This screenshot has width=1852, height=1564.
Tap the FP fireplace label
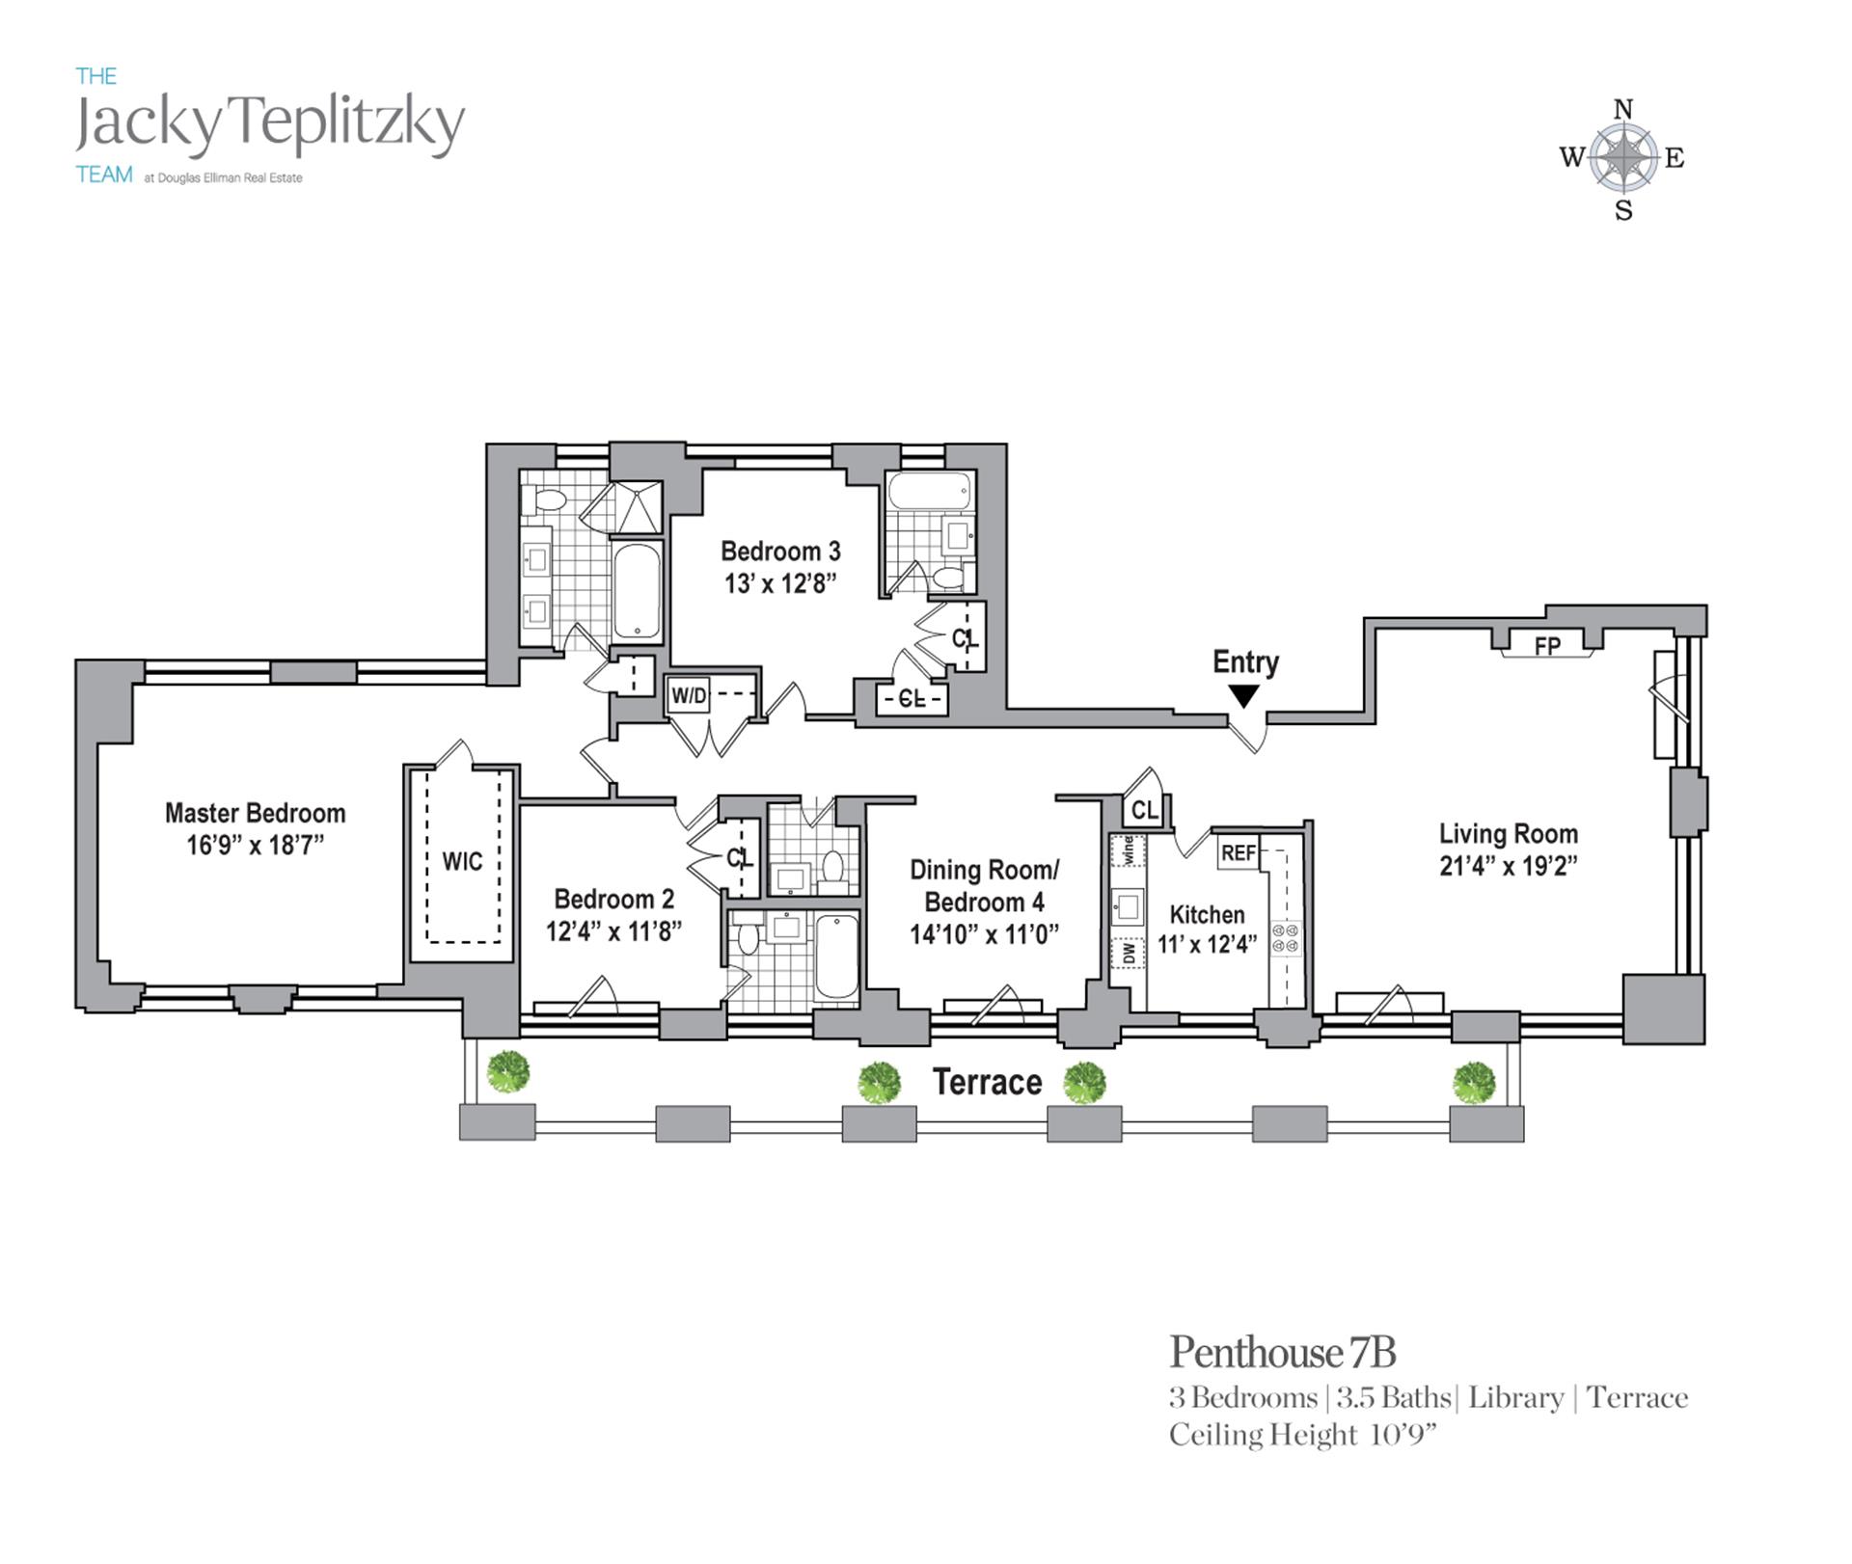[x=1547, y=645]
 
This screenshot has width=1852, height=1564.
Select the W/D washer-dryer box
[x=689, y=695]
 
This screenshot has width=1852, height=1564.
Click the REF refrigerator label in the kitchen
[x=1239, y=853]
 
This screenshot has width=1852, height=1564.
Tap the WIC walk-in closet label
[x=462, y=861]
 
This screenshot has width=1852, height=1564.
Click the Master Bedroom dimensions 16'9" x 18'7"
[x=255, y=846]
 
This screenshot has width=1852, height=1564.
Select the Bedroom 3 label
[x=780, y=552]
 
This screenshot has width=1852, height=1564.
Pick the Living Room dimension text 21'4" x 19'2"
[x=1509, y=866]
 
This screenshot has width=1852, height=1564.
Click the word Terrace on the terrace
[x=987, y=1083]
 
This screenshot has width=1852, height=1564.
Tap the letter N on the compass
[x=1623, y=110]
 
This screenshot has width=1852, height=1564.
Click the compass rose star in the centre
[x=1623, y=158]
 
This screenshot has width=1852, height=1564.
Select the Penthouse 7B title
[x=1282, y=1353]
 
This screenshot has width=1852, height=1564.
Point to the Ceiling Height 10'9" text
[x=1302, y=1436]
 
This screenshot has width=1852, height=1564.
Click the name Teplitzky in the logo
[x=350, y=123]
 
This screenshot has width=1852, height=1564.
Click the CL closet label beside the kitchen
[x=1144, y=811]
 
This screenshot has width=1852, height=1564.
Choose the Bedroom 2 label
[x=613, y=900]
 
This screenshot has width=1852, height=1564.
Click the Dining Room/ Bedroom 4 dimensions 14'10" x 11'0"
[x=984, y=934]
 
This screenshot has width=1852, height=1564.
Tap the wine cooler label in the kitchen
[x=1128, y=850]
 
